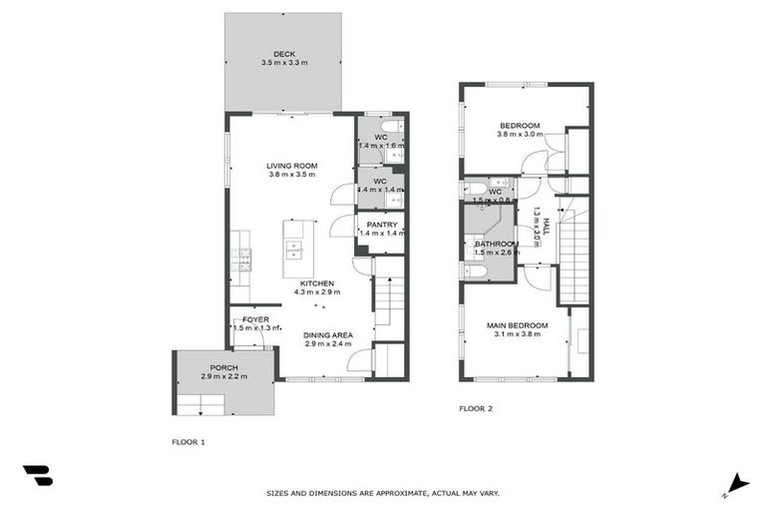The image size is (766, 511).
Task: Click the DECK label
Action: coord(284,54)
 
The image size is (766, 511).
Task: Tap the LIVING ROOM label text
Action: coord(291,166)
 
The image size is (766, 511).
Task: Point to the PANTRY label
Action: coord(381,225)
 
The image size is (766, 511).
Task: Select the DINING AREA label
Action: coord(329,334)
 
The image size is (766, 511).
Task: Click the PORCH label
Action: coord(223,366)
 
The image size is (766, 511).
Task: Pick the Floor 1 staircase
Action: coord(389,299)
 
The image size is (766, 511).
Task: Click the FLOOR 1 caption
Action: coord(190,440)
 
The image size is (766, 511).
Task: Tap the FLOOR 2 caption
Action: coord(476,408)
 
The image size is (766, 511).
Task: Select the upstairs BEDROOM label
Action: coord(520,125)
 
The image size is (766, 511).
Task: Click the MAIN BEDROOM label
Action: coord(517,325)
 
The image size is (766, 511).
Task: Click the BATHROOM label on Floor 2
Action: coord(496,244)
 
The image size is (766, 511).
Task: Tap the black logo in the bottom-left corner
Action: coord(37,476)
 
